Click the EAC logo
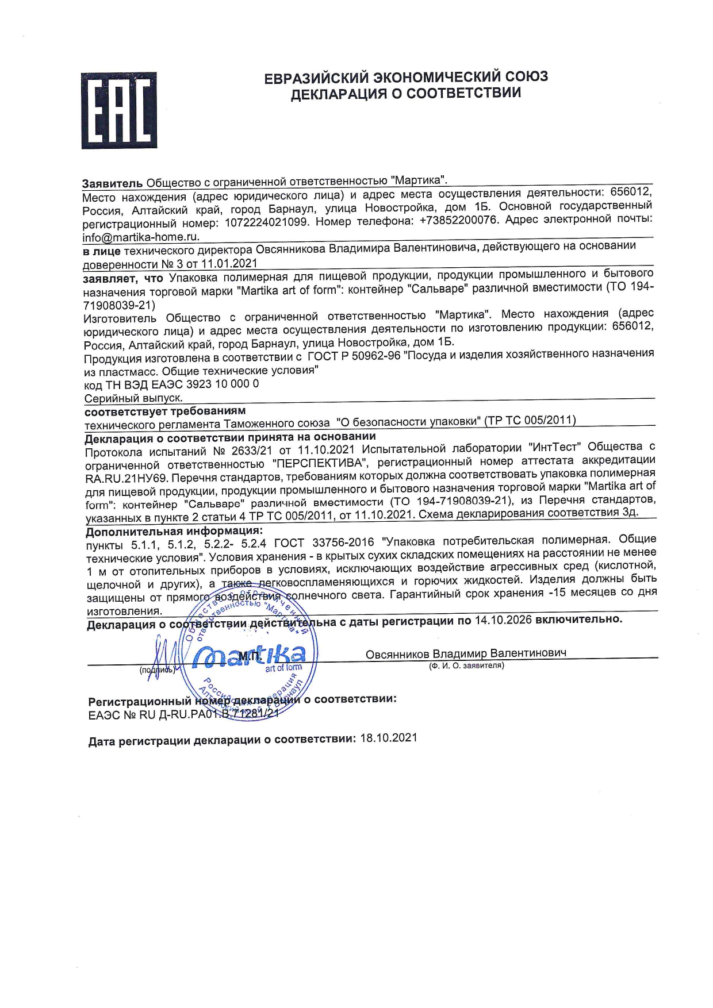[x=119, y=110]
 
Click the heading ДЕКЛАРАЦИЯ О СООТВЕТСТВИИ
[x=405, y=94]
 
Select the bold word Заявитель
[x=112, y=183]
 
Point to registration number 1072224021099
[x=266, y=222]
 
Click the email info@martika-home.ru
[x=141, y=237]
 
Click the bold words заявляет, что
[x=123, y=278]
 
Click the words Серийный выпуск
[x=133, y=398]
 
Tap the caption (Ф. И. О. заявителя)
[x=466, y=665]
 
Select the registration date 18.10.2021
[x=389, y=738]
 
